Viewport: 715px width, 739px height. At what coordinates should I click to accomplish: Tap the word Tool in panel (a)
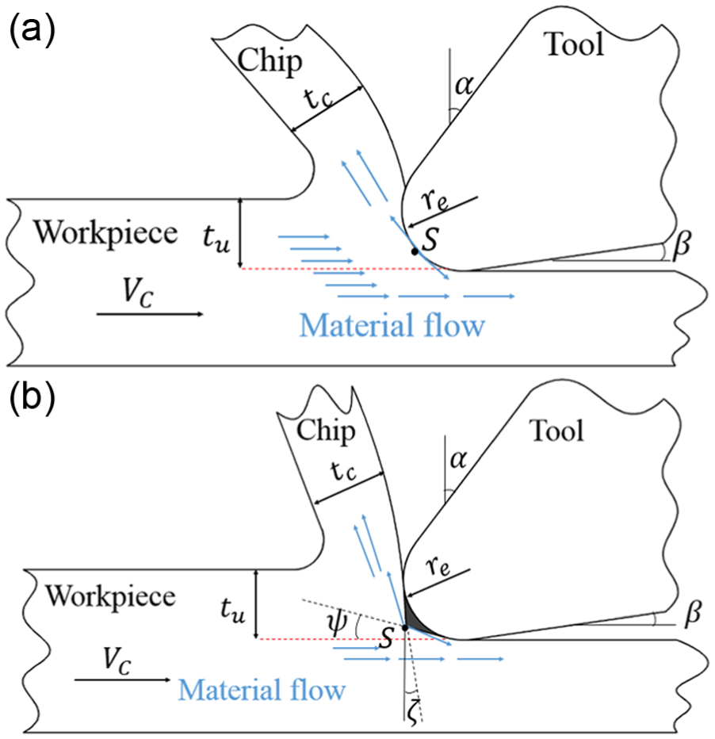coord(574,44)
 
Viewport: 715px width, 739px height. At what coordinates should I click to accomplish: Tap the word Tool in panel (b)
coord(557,431)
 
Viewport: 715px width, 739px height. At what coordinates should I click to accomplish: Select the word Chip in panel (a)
coord(270,62)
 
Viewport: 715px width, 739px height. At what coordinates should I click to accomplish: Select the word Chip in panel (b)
coord(326,431)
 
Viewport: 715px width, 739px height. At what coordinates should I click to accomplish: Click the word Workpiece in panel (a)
coord(105,233)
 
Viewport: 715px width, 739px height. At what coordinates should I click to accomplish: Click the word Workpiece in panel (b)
coord(110,596)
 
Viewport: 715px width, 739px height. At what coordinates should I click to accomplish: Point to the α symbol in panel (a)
coord(464,86)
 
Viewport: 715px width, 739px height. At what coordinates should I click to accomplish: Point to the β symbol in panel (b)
coord(692,613)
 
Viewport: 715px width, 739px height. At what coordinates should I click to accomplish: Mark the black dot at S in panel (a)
coord(415,251)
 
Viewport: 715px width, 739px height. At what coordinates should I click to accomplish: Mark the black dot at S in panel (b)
coord(405,628)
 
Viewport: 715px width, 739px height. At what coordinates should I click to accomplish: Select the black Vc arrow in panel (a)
coord(150,314)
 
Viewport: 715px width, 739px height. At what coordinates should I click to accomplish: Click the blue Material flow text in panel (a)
coord(392,325)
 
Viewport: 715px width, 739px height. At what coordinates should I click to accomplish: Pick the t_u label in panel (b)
coord(233,611)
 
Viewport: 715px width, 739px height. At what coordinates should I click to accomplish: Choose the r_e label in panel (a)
coord(434,200)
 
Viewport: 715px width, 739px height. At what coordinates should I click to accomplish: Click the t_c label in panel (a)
coord(318,98)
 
